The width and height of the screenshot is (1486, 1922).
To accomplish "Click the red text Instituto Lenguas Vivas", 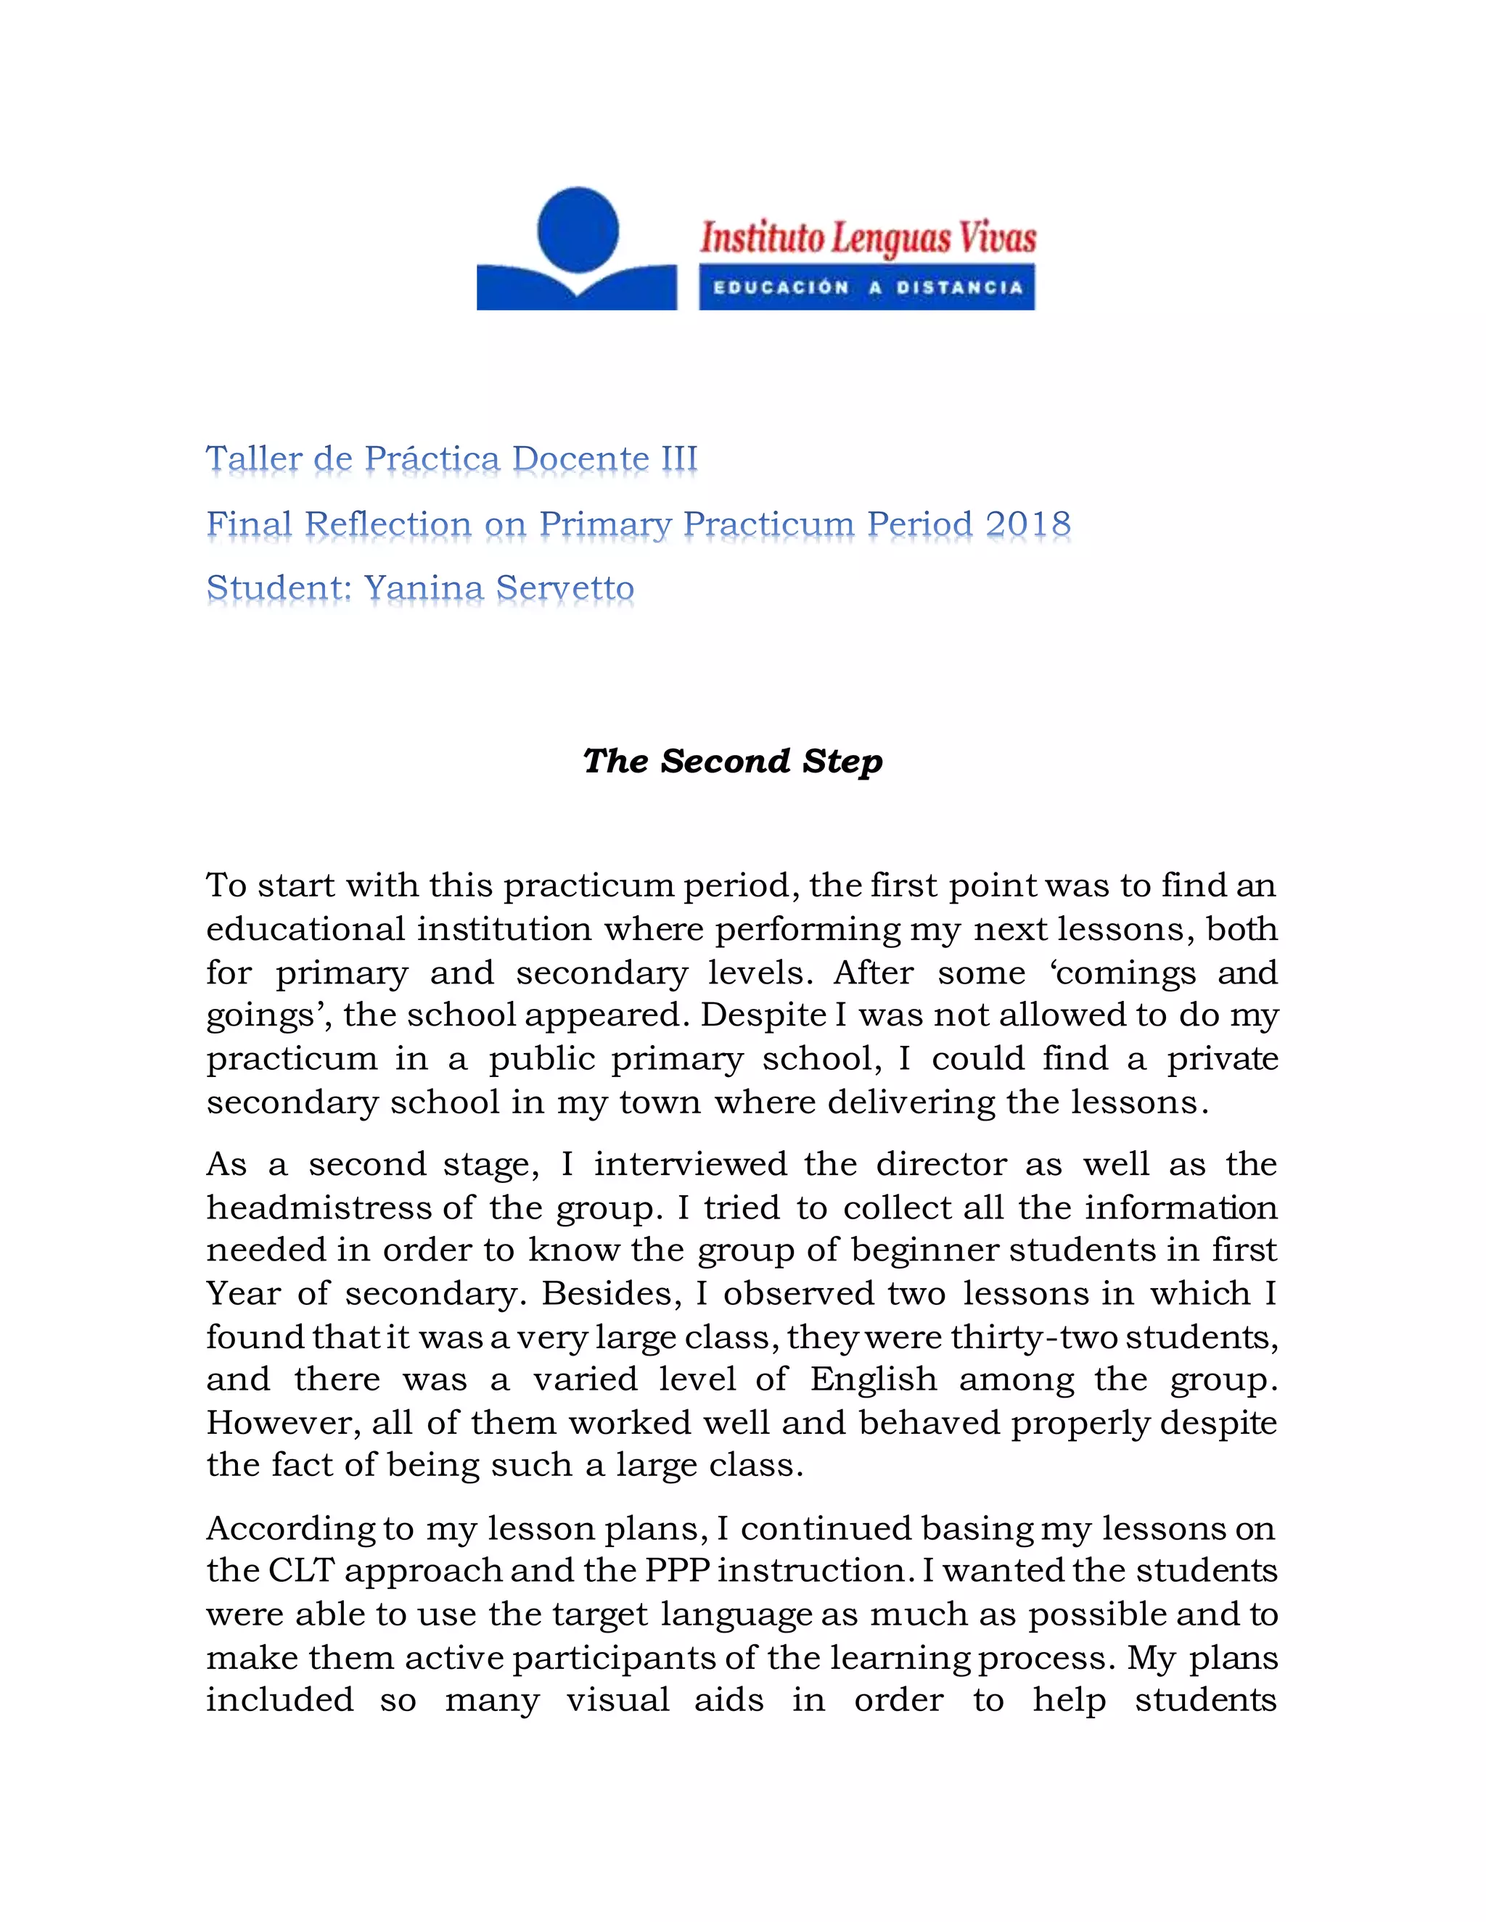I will coord(868,238).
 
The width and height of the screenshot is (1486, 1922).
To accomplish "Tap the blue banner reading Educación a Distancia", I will coord(867,288).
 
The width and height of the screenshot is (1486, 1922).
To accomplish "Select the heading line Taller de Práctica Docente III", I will coord(451,458).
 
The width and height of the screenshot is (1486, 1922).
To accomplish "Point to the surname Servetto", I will coord(565,588).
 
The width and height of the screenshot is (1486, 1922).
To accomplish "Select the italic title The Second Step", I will coord(732,762).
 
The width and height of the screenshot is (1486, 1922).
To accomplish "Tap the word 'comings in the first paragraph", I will coord(1122,973).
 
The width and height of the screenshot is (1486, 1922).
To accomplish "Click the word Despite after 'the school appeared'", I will coord(763,1015).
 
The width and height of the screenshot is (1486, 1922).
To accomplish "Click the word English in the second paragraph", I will coord(874,1379).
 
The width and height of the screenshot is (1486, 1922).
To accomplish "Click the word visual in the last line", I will coord(617,1699).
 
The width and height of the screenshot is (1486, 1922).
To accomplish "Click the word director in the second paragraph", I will coord(940,1164).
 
